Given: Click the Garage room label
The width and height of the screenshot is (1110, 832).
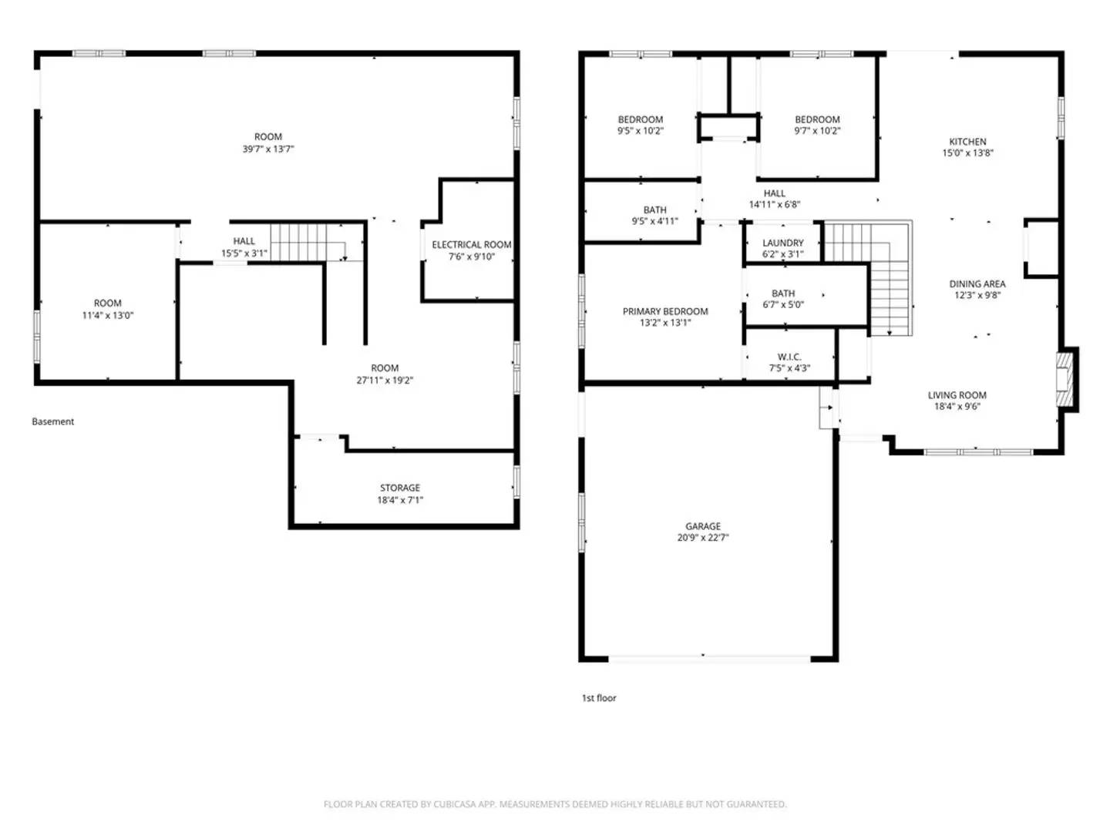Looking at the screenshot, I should [x=702, y=526].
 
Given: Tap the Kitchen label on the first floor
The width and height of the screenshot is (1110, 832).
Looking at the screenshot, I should [x=967, y=142].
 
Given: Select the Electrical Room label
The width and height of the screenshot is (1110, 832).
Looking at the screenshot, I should [x=471, y=245].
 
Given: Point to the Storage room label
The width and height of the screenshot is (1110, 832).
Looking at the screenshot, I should [x=399, y=488].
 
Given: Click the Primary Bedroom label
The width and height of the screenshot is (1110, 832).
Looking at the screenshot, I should [x=665, y=311].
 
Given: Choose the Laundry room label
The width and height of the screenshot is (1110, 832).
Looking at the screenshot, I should [x=782, y=243].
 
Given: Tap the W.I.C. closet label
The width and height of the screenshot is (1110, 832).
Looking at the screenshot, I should [x=789, y=357].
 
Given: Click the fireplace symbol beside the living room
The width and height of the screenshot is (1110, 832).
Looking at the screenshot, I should [x=1065, y=378].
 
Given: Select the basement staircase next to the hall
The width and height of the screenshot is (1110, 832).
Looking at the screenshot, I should [x=307, y=242].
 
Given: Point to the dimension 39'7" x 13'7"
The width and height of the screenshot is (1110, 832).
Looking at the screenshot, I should [x=268, y=149].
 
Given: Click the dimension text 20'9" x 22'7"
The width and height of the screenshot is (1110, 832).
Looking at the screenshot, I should [x=702, y=538].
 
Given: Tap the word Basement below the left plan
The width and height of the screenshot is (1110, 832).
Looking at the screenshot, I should [x=53, y=421].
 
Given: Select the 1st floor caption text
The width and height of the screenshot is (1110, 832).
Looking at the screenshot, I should [x=599, y=698].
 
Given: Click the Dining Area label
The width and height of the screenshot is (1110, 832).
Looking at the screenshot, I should [x=977, y=283].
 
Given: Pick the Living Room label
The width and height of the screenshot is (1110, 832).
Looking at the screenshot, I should [x=957, y=395].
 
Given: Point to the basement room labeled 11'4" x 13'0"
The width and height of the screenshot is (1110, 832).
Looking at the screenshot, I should [x=108, y=309].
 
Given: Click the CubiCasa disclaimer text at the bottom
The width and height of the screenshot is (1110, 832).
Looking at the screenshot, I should [x=555, y=804].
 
